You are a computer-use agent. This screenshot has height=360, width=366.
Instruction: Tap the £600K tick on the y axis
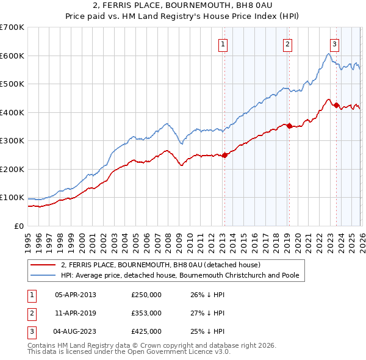pyautogui.click(x=12, y=56)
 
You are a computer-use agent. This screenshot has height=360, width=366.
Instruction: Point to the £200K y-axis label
pyautogui.click(x=12, y=169)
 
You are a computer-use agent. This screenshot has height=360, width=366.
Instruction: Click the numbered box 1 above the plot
pyautogui.click(x=223, y=44)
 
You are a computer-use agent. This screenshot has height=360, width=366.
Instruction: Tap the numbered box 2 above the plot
pyautogui.click(x=287, y=44)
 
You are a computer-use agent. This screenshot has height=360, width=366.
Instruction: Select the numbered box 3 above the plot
pyautogui.click(x=335, y=44)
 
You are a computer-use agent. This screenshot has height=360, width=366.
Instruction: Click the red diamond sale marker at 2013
pyautogui.click(x=224, y=155)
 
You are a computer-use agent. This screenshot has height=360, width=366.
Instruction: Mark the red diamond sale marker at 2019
pyautogui.click(x=289, y=126)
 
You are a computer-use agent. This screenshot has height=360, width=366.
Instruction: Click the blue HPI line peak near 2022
pyautogui.click(x=328, y=54)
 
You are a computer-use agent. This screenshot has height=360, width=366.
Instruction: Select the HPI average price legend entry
pyautogui.click(x=180, y=275)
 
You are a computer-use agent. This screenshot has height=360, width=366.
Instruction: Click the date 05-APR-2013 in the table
pyautogui.click(x=76, y=295)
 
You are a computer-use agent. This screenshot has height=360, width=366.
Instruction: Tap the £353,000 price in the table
pyautogui.click(x=146, y=313)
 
